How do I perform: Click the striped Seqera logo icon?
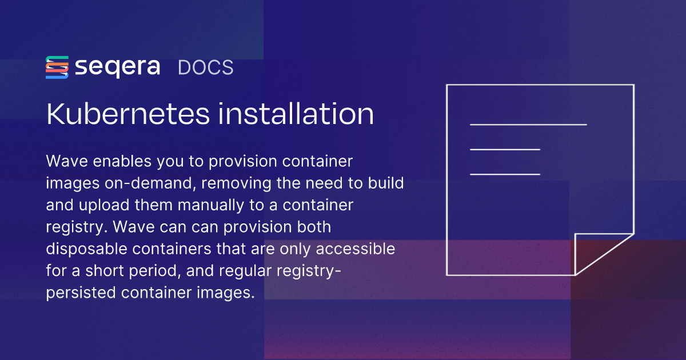57,67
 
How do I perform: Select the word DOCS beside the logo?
205,67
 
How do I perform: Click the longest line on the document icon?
528,123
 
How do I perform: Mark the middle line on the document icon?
505,149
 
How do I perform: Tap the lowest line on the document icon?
505,174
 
